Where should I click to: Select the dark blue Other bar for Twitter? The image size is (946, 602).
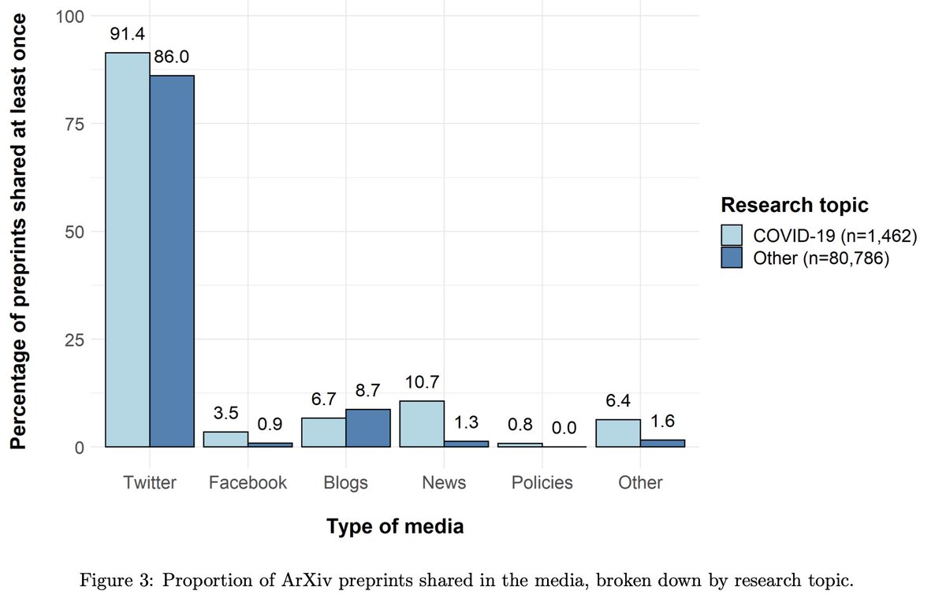[172, 261]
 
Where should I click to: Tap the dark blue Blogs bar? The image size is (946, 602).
[368, 428]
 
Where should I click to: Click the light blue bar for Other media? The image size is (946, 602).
[617, 433]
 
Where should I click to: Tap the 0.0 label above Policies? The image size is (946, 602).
[563, 428]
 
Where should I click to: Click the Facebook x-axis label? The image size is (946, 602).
[248, 482]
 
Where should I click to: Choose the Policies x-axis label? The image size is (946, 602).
[542, 482]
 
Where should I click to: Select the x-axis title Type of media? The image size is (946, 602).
[395, 527]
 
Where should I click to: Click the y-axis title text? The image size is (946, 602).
[19, 232]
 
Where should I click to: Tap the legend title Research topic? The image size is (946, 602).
[794, 206]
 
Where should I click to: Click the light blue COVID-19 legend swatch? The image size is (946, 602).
[732, 236]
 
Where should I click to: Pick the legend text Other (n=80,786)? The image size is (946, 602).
[821, 258]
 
